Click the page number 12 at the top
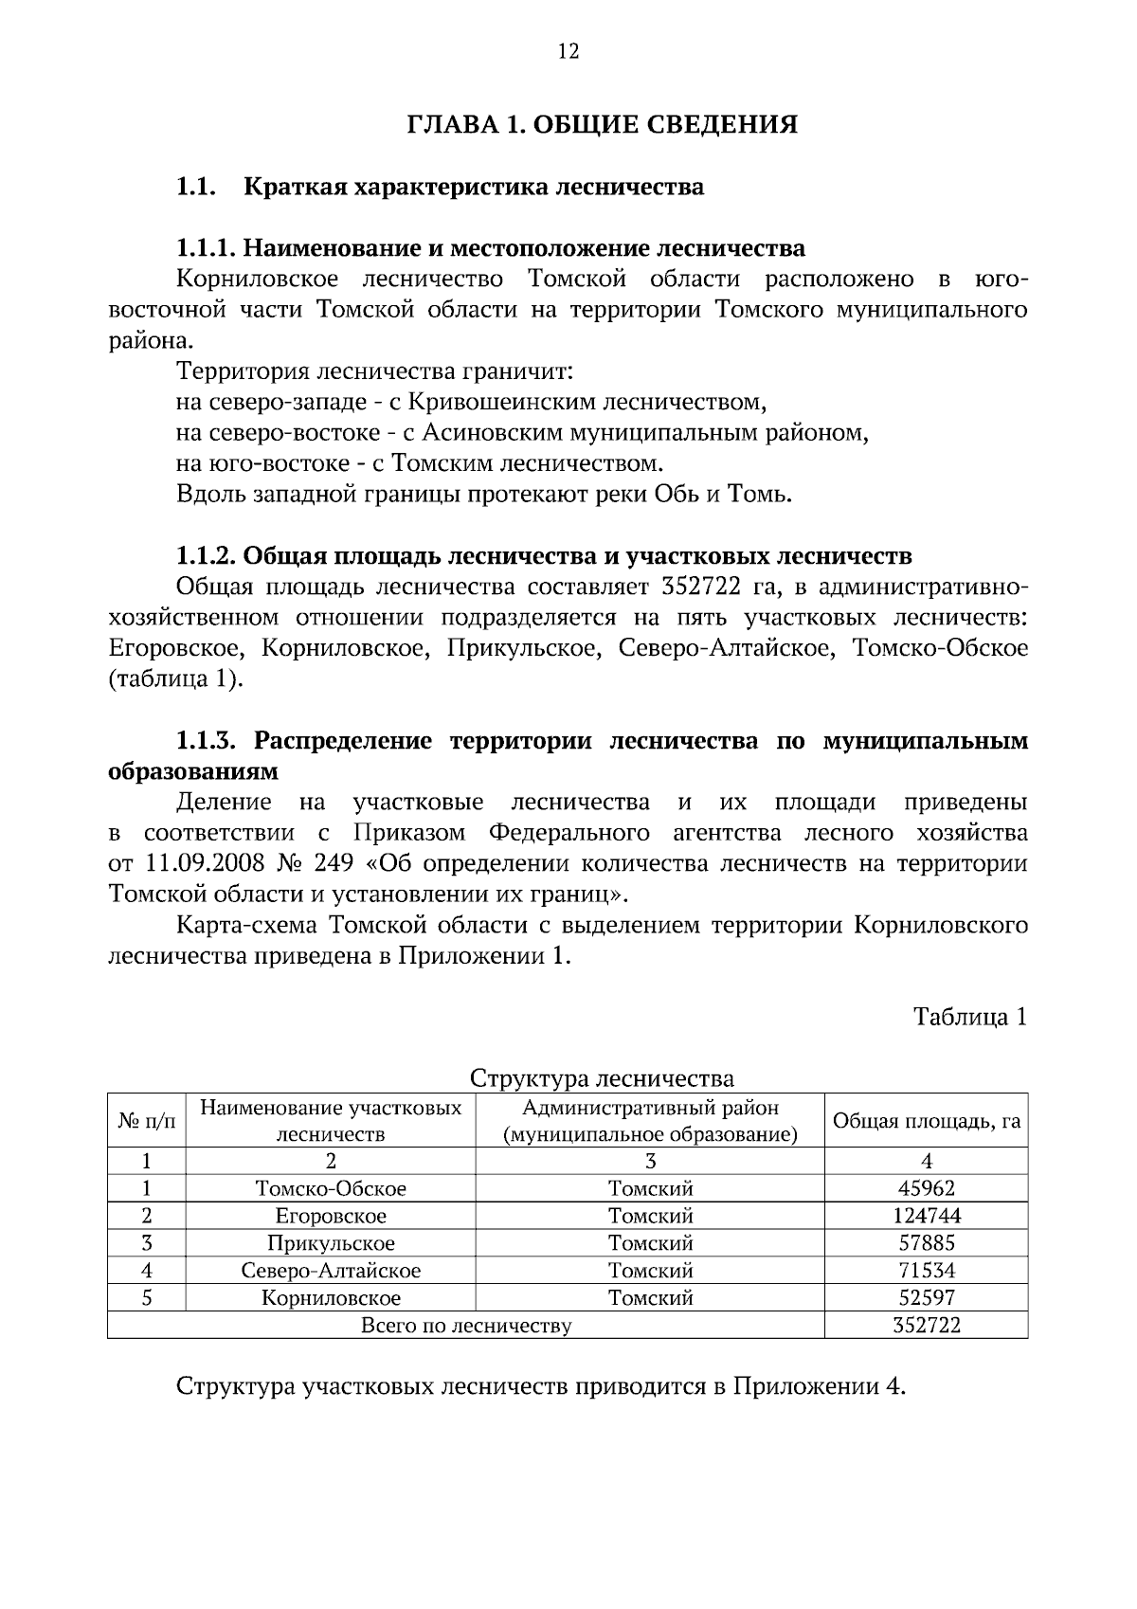click(x=568, y=52)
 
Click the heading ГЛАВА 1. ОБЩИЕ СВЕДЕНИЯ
click(x=603, y=125)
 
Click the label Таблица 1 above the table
click(x=969, y=1017)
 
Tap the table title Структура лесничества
click(x=602, y=1078)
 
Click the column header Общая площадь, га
click(x=926, y=1121)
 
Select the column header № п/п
click(x=147, y=1121)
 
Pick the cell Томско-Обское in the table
click(x=331, y=1188)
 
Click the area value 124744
click(x=926, y=1216)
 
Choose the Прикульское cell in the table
click(x=331, y=1243)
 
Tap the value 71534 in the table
click(x=926, y=1271)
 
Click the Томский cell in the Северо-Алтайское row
click(x=650, y=1271)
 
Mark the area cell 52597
click(x=926, y=1298)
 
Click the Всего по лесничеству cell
click(x=466, y=1326)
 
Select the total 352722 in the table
click(x=926, y=1326)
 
